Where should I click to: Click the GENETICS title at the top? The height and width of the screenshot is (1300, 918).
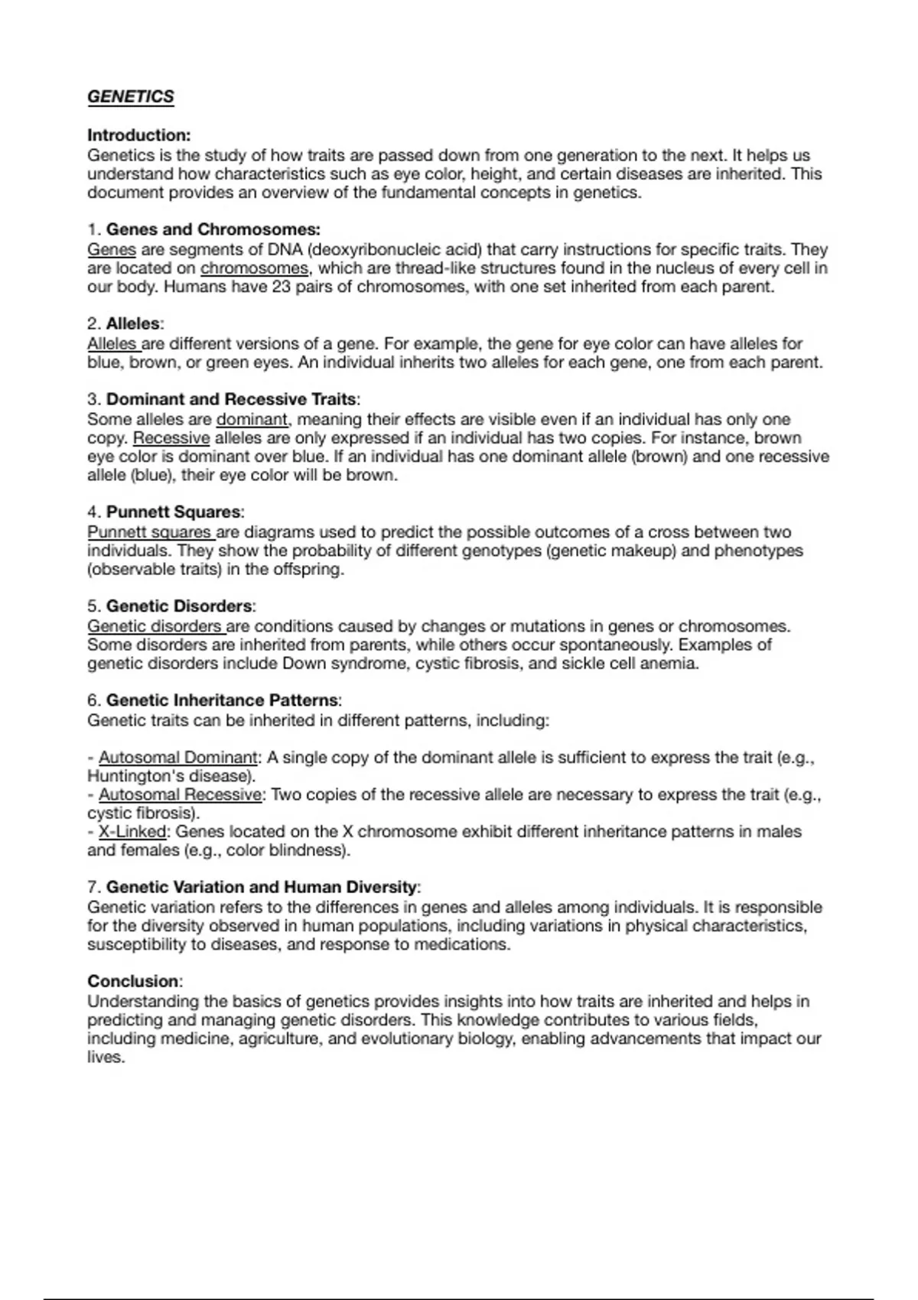click(131, 97)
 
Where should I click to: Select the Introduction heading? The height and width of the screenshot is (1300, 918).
click(138, 135)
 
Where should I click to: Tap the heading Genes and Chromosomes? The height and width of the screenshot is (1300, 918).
click(213, 229)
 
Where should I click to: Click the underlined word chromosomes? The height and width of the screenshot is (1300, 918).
click(254, 268)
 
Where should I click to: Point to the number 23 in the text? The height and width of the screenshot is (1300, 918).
click(281, 288)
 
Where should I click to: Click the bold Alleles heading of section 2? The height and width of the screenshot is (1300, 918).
click(133, 323)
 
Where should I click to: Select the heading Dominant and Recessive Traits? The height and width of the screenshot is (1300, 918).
click(231, 399)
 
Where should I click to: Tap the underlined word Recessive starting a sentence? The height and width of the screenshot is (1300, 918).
click(171, 438)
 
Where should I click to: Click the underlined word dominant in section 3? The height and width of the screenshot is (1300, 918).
click(252, 420)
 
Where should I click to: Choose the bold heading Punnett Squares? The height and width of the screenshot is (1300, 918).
click(174, 512)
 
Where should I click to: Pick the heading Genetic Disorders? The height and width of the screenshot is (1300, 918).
click(179, 606)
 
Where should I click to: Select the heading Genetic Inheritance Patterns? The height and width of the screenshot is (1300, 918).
click(222, 700)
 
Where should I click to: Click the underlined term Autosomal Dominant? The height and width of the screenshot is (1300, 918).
click(178, 758)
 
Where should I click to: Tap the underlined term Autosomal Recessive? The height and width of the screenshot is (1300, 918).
click(181, 795)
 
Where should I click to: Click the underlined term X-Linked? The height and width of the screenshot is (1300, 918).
click(132, 832)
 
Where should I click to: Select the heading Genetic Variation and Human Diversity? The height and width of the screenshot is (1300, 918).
click(262, 887)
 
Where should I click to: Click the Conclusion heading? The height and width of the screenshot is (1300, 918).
click(133, 981)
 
